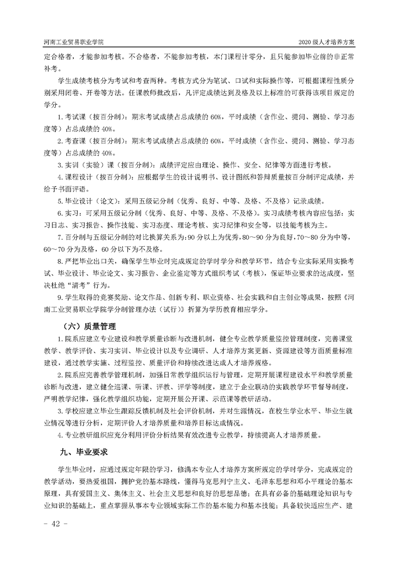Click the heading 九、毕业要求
(82, 452)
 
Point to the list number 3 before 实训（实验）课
(59, 165)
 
